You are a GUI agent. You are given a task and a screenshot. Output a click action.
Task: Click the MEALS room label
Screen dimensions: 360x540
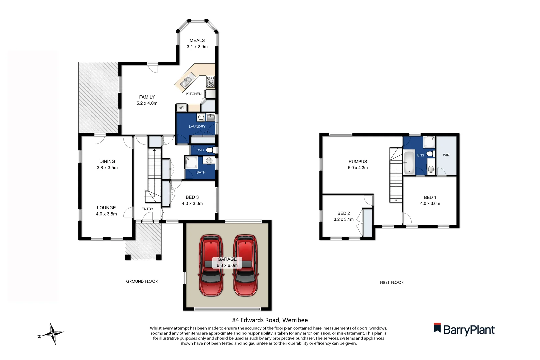pos(197,40)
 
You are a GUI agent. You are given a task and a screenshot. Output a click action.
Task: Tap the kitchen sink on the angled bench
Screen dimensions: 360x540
pos(187,80)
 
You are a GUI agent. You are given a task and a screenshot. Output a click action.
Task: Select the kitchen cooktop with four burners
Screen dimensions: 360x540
pos(210,82)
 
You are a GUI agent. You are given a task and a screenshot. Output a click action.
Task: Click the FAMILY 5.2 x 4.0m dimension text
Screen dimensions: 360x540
pos(147,103)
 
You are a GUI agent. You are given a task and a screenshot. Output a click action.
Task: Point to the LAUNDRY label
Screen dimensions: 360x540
pos(197,127)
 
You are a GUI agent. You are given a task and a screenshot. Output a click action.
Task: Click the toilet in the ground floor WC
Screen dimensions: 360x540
pos(210,150)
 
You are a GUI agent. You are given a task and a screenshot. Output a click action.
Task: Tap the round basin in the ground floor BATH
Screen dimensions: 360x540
pos(209,161)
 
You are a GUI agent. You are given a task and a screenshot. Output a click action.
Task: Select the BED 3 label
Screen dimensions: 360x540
pos(192,197)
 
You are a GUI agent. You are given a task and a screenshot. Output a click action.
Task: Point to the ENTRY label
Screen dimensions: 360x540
pos(147,209)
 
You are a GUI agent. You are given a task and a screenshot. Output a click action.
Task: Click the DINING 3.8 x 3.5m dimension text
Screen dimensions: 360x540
pos(107,168)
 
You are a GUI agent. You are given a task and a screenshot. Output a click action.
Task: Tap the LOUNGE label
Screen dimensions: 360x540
pos(106,207)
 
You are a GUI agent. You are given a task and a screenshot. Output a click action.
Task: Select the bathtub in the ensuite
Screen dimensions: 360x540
pos(409,162)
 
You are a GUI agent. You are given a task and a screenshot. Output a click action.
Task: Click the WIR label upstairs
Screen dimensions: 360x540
pos(446,155)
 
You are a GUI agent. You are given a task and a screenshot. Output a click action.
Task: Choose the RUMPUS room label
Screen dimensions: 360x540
pos(358,161)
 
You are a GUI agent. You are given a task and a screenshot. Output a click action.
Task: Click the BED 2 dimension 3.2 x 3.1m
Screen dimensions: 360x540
pos(343,219)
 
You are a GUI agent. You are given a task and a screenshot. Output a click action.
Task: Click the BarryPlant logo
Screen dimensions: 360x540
pos(464,329)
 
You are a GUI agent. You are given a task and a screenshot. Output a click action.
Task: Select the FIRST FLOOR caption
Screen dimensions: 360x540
pos(392,282)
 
